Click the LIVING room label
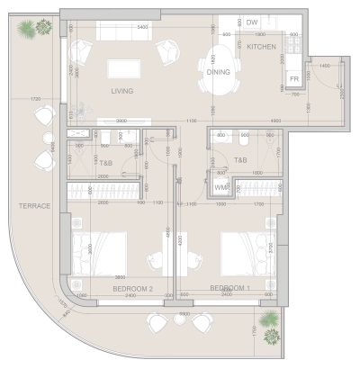coord(121,91)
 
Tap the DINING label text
coord(218,72)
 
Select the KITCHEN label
coord(262,46)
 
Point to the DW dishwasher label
coord(252,22)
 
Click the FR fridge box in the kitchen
coord(294,80)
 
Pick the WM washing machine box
coord(220,187)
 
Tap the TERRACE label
coord(32,206)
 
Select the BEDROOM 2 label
coord(134,288)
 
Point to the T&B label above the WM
coord(240,160)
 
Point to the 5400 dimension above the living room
coord(141,28)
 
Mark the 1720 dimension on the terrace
coord(34,98)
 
